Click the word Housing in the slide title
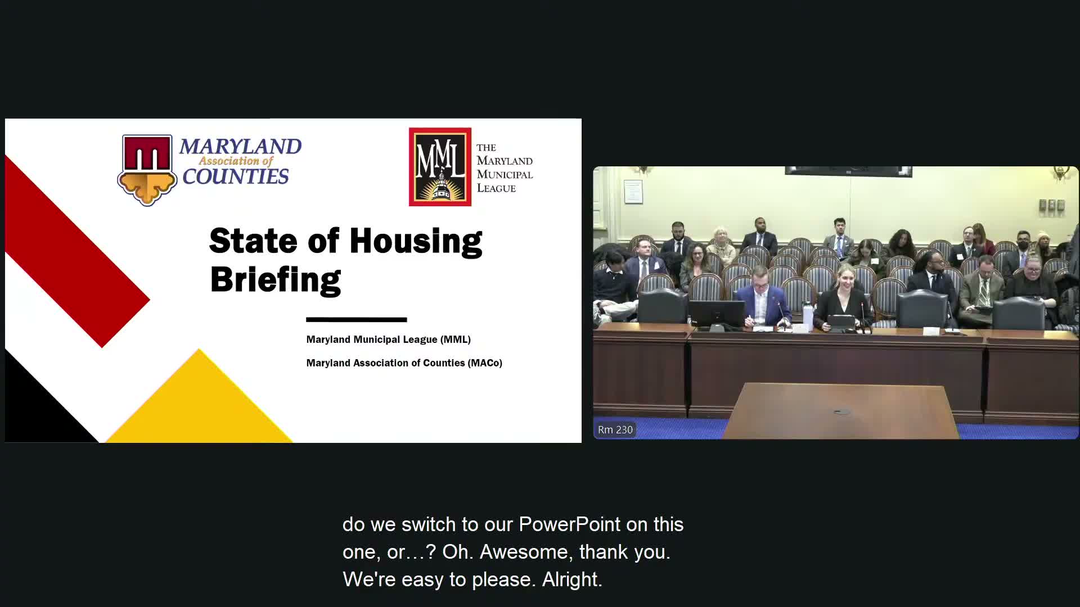click(416, 242)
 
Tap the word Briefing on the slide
click(275, 279)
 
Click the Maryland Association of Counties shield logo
click(147, 169)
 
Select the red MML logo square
click(440, 167)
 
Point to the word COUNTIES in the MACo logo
click(235, 177)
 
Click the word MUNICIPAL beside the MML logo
click(505, 174)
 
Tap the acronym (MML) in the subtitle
click(456, 339)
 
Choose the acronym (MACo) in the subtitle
click(484, 363)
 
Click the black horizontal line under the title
click(356, 320)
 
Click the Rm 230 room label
click(615, 430)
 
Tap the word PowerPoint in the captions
click(569, 524)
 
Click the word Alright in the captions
click(571, 579)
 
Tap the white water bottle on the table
click(808, 315)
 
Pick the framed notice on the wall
click(633, 192)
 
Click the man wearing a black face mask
click(1023, 243)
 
